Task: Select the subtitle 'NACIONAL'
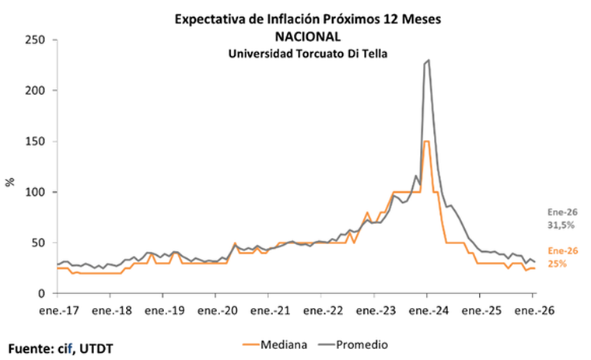[x=308, y=36]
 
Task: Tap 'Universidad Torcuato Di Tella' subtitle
[x=308, y=53]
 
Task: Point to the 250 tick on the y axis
[x=37, y=40]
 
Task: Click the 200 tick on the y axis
[x=37, y=90]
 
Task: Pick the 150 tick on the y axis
[x=37, y=142]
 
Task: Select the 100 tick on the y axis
[x=37, y=192]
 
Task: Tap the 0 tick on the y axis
[x=44, y=294]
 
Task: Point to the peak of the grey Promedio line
[x=428, y=60]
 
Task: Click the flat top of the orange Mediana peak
[x=426, y=142]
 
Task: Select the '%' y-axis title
[x=10, y=182]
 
